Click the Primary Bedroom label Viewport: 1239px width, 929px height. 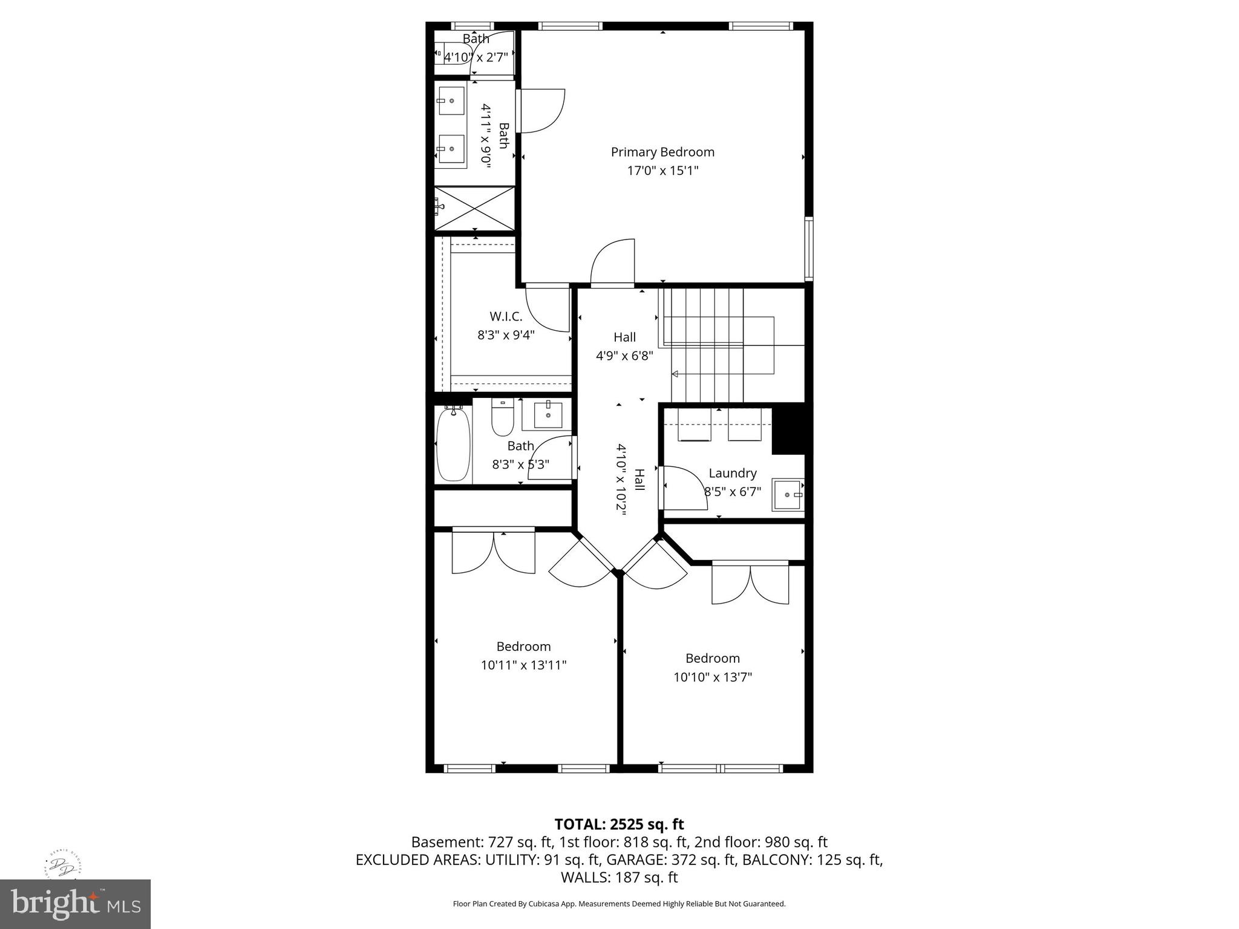tap(662, 152)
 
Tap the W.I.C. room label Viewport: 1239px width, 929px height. tap(506, 316)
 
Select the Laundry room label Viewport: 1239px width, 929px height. tap(732, 473)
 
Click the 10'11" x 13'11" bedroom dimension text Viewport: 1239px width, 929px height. tap(523, 665)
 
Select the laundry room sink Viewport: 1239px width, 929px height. tap(788, 495)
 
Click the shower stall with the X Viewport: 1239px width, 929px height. tap(475, 208)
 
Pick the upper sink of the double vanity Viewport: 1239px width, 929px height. tap(451, 100)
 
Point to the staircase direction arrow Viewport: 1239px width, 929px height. tap(675, 374)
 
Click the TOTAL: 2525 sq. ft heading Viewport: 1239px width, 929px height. tap(619, 824)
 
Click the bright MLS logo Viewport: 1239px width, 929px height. tap(75, 904)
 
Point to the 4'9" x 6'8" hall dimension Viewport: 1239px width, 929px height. tap(624, 356)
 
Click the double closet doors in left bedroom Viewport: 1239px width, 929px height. tap(494, 552)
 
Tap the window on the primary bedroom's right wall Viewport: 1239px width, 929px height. tap(809, 249)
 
